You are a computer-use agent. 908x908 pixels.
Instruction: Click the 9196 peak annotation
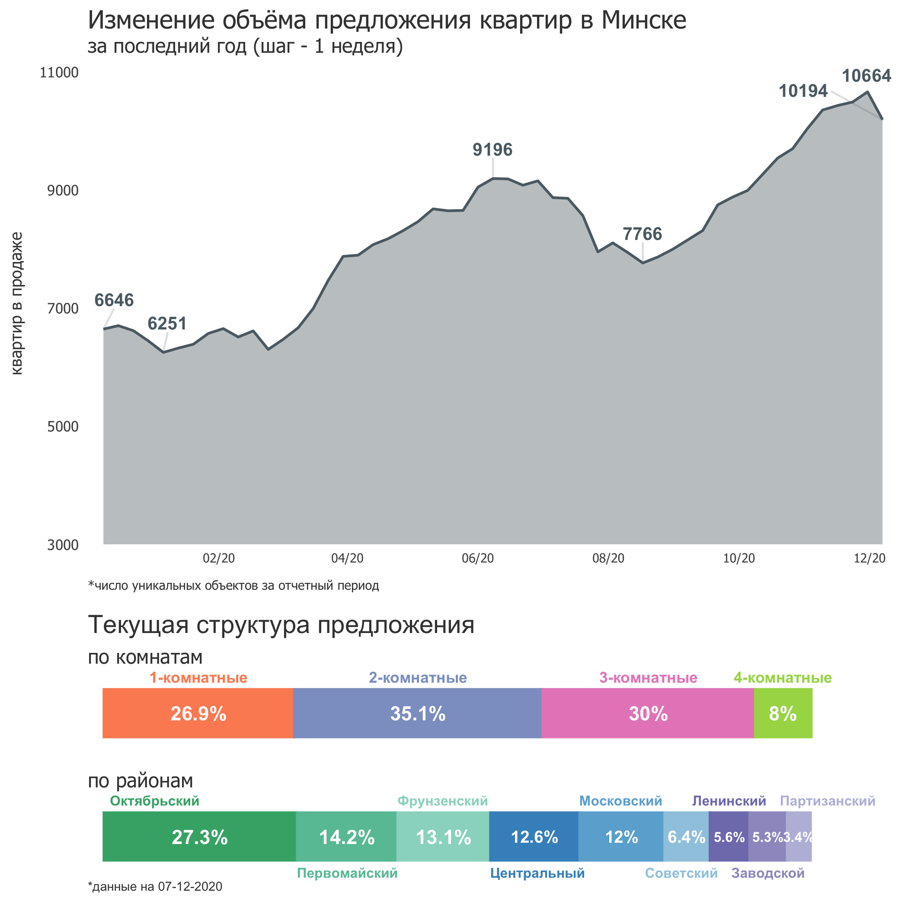[492, 150]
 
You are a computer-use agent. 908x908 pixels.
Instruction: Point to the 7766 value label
[642, 233]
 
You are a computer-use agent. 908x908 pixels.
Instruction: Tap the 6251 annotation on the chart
[167, 323]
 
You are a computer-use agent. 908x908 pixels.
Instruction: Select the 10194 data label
[803, 91]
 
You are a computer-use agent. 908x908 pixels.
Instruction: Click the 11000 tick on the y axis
[59, 72]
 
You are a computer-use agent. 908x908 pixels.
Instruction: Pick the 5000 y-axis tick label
[63, 426]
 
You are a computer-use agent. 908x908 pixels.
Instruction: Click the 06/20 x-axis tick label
[477, 558]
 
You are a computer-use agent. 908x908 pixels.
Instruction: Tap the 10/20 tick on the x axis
[739, 558]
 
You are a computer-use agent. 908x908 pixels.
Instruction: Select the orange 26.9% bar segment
[198, 713]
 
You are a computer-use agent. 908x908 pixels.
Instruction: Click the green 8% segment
[783, 713]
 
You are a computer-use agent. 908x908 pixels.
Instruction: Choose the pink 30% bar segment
[648, 713]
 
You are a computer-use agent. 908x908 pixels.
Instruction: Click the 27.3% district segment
[199, 837]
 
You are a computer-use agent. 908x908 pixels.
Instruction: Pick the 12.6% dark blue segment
[534, 837]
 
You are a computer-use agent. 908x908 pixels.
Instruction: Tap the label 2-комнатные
[417, 678]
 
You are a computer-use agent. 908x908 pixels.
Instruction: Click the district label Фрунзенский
[442, 801]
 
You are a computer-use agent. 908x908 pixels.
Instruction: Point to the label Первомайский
[347, 873]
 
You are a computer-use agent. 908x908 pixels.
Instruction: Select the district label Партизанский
[827, 801]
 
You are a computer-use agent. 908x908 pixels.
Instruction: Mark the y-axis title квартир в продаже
[16, 303]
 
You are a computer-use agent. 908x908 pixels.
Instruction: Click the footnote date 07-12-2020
[190, 886]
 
